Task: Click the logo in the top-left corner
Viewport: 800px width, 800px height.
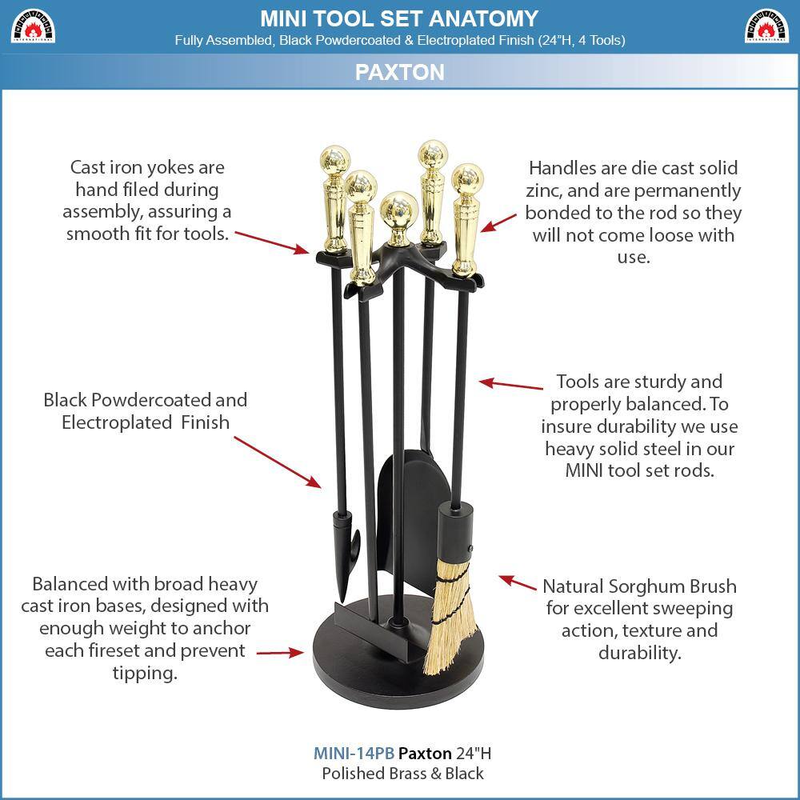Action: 33,26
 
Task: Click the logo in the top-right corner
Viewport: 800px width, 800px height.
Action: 766,26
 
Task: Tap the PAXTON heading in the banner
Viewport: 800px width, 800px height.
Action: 399,72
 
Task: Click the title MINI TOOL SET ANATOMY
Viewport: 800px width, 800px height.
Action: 399,18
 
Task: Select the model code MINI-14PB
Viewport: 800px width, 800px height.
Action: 354,754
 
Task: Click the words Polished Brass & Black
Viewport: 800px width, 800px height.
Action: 402,774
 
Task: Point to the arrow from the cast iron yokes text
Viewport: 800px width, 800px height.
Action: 272,240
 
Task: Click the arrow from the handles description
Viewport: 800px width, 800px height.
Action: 498,222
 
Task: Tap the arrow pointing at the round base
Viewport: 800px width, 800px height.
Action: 280,653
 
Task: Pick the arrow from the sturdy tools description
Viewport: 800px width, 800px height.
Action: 511,386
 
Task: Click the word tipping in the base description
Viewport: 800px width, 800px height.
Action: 145,674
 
